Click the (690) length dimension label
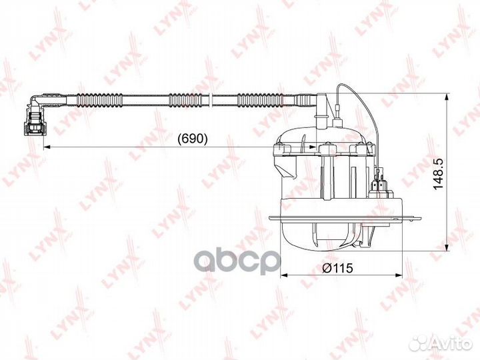tap(193, 139)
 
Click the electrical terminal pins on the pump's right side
tap(381, 181)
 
